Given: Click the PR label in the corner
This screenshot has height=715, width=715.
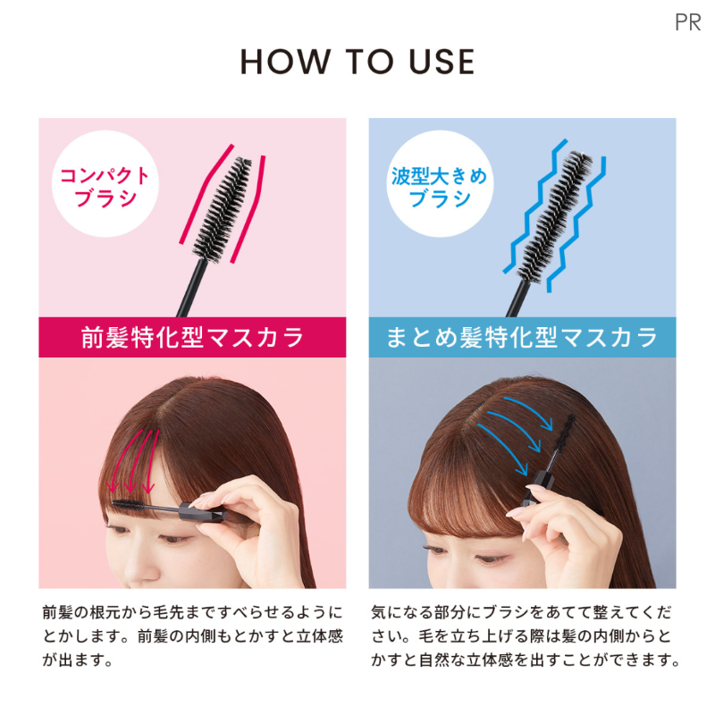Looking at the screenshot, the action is [687, 22].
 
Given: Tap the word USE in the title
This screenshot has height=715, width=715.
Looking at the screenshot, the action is [442, 62].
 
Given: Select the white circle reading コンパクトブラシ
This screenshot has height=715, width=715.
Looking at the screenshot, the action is [105, 184].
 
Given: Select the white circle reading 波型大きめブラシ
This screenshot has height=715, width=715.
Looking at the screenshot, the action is [440, 184].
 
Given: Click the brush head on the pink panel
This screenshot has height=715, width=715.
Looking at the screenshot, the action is [223, 210].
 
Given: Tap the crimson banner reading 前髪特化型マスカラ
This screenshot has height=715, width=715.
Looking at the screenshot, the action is [192, 337].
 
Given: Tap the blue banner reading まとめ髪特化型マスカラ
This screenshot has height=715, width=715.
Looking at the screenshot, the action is [522, 337].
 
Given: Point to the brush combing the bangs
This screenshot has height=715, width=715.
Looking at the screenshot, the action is [128, 504].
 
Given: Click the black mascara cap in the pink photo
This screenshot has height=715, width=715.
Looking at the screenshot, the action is [204, 512].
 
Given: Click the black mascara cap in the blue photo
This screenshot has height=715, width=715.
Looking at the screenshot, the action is [539, 488].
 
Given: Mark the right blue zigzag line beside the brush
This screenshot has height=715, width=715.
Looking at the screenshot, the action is [576, 224].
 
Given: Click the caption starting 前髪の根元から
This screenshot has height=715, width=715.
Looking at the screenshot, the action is [192, 635].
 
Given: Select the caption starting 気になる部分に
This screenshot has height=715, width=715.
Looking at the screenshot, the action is [526, 635].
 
